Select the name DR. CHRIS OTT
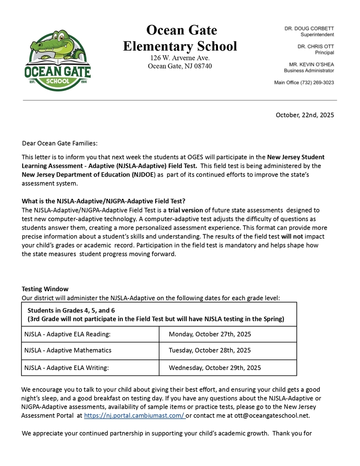(x=316, y=46)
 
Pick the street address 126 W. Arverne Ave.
(x=180, y=58)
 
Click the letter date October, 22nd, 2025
(x=304, y=115)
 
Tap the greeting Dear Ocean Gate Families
(x=59, y=143)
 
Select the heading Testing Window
(x=45, y=289)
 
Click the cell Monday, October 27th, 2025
(x=210, y=334)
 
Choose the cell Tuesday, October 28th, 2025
(x=209, y=350)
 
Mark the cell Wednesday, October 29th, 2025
(x=215, y=367)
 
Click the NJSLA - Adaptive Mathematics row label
(x=68, y=350)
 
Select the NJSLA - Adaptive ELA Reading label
(x=67, y=334)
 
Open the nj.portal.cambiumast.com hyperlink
(x=134, y=415)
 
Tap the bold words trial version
(x=186, y=210)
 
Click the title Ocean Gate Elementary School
(x=180, y=38)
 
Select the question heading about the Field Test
(x=103, y=201)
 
